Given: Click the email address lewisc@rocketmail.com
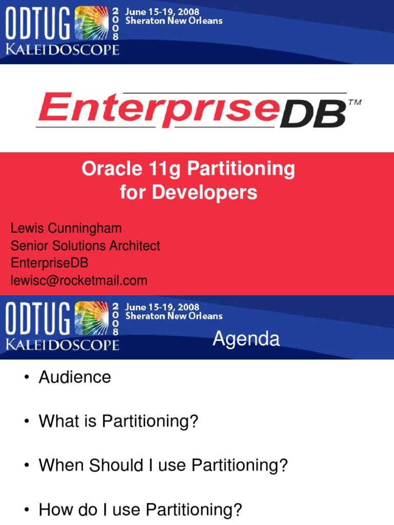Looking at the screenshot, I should point(79,280).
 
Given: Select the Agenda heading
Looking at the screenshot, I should point(246,339).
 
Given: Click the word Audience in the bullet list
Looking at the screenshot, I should point(75,377).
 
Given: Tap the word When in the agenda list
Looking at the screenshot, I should point(61,466).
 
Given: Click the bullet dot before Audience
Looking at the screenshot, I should point(26,378).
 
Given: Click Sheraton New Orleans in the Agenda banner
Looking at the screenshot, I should point(174,316).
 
